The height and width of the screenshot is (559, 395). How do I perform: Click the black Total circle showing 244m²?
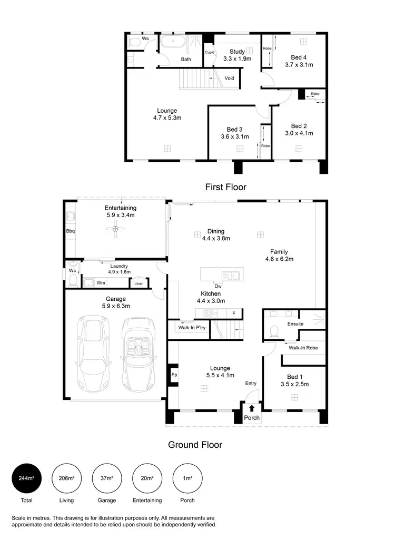26,478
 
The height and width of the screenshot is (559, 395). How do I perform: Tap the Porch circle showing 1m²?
187,478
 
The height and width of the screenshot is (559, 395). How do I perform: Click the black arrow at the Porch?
252,408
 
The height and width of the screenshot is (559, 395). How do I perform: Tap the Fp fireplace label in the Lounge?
174,376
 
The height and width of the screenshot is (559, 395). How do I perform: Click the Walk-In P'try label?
187,328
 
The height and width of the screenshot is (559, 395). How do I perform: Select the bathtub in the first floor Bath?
173,43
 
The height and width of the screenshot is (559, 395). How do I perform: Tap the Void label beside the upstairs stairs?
229,78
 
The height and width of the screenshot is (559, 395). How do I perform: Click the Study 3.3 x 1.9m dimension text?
236,58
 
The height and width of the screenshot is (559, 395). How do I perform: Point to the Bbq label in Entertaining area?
71,231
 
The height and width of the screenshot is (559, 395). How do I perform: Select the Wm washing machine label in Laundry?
101,283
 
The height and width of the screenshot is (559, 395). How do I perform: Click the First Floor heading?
225,187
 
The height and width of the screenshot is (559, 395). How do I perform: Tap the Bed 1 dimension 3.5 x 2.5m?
294,384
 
